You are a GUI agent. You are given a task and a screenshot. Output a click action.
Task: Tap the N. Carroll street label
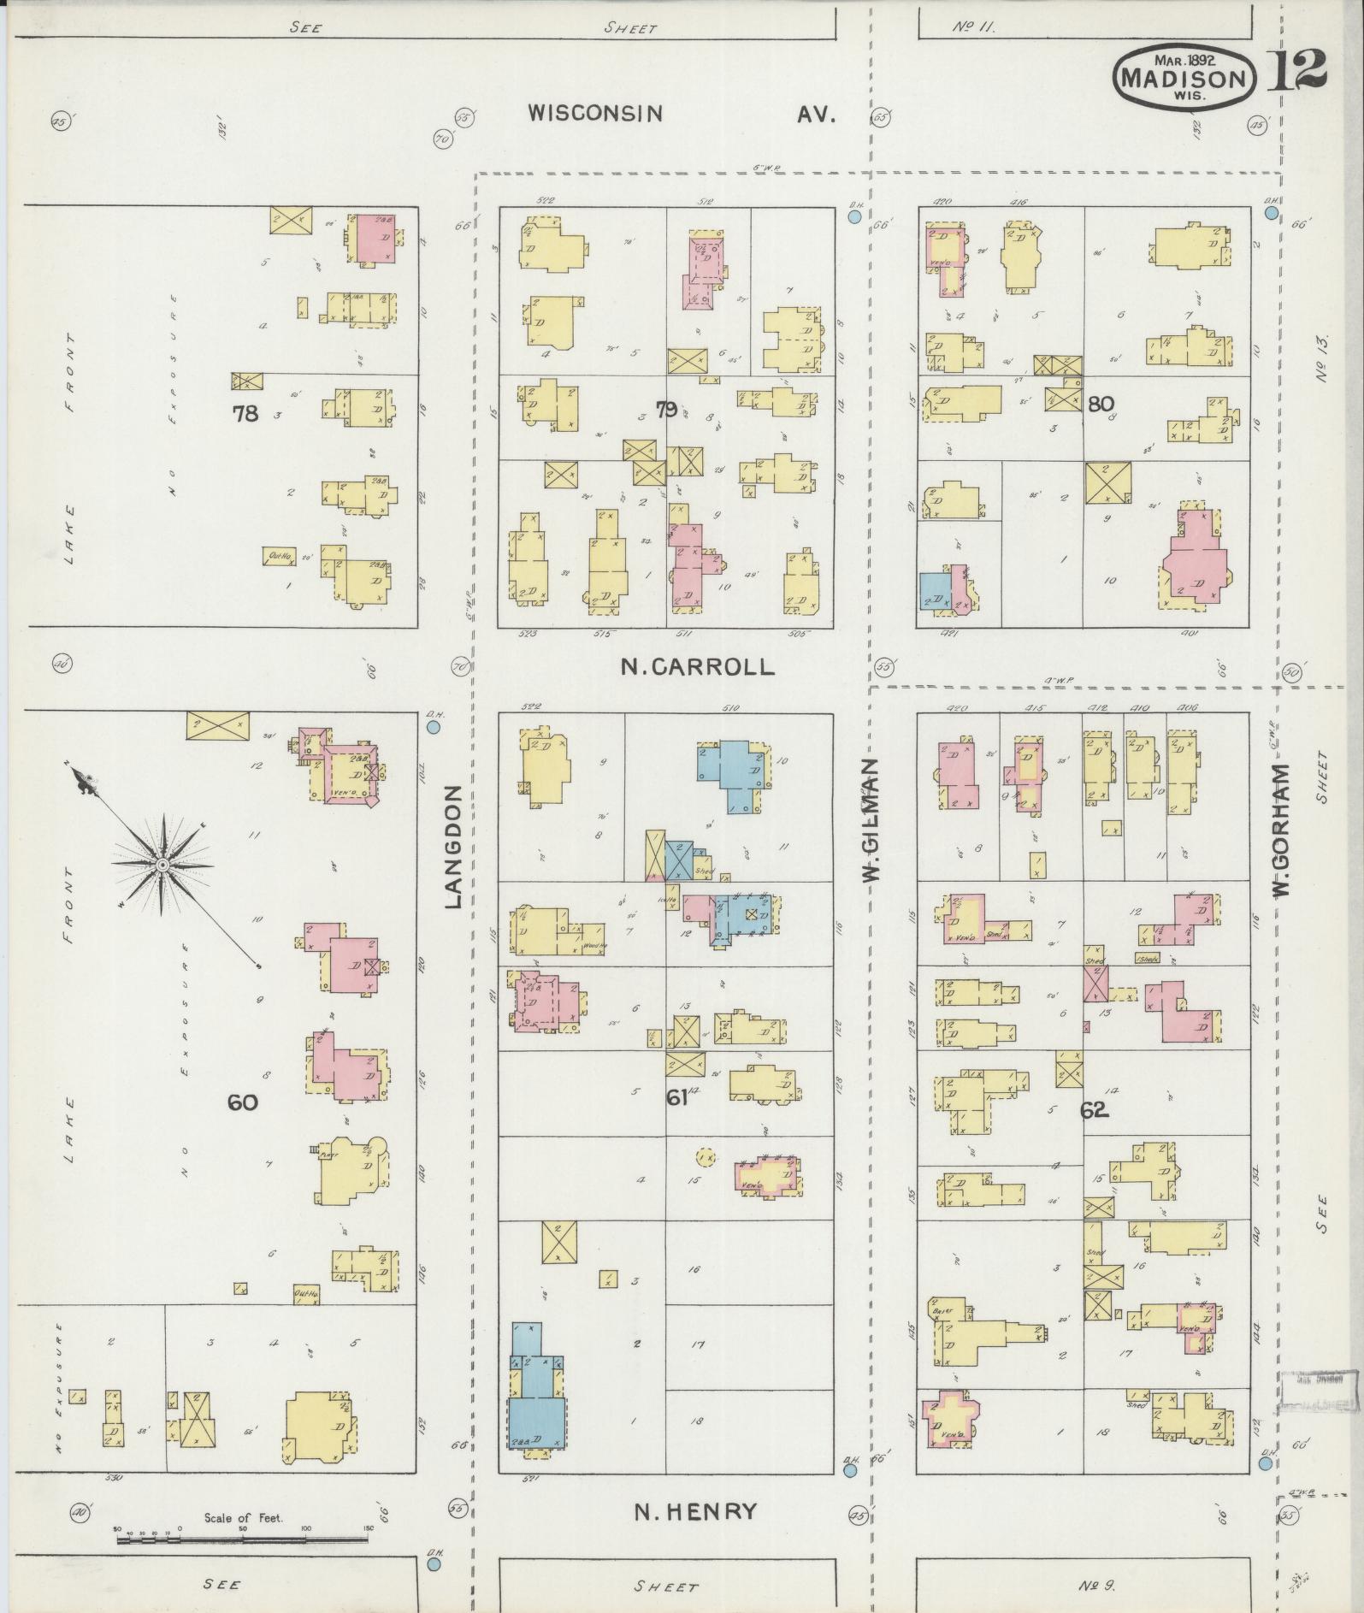click(x=698, y=667)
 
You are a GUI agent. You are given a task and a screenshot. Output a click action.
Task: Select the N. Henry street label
click(x=695, y=1511)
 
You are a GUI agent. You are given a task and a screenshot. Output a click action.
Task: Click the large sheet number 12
click(x=1296, y=71)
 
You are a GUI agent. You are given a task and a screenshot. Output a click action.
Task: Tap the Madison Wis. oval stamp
click(x=1184, y=78)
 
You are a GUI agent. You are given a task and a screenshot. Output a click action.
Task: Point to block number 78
click(x=245, y=414)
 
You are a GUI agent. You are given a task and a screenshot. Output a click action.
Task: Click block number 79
click(x=666, y=410)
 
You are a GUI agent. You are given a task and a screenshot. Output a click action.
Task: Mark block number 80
click(x=1101, y=403)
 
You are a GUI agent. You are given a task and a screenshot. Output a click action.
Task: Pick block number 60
click(x=242, y=1102)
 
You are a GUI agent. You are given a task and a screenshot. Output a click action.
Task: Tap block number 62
click(x=1094, y=1110)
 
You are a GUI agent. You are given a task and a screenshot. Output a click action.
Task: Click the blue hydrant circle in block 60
click(x=433, y=727)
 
